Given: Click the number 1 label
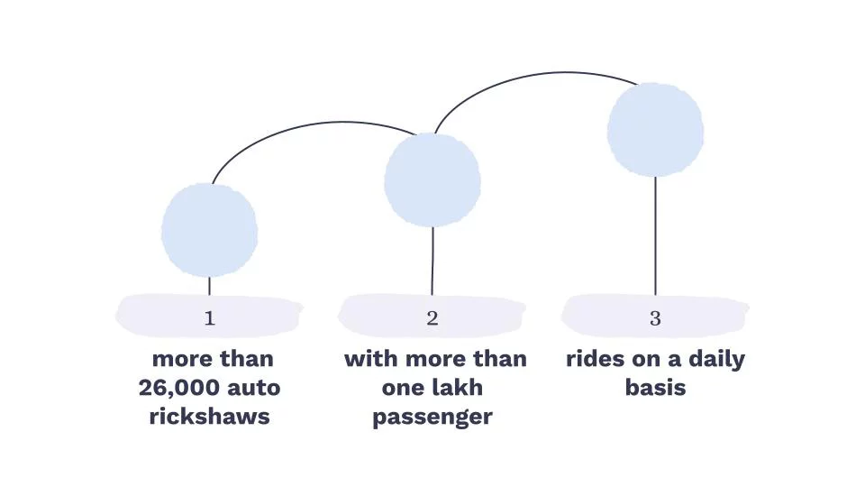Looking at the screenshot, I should (209, 318).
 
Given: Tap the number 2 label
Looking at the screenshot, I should (432, 318).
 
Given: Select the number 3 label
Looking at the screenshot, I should (655, 318).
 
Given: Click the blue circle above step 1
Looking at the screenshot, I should (209, 229).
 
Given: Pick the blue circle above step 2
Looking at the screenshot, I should (432, 179).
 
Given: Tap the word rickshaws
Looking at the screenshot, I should (209, 418).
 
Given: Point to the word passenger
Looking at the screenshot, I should (432, 418).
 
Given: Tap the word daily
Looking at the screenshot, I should (714, 359).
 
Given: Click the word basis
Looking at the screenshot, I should (655, 388).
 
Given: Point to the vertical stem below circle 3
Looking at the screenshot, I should (655, 234).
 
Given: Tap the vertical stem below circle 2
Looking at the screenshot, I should (432, 262).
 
